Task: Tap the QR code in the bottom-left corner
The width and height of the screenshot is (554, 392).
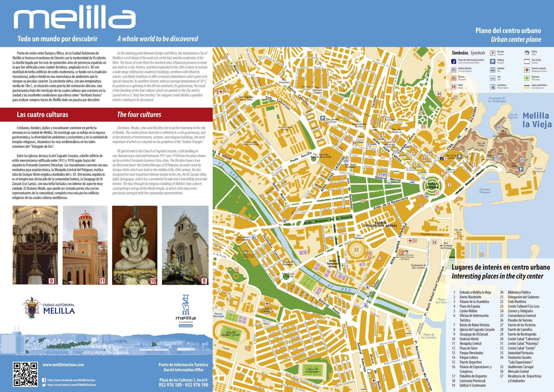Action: [x=25, y=374]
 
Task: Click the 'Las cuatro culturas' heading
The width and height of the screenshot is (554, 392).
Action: [x=42, y=115]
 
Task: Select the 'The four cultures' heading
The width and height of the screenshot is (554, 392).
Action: [x=139, y=115]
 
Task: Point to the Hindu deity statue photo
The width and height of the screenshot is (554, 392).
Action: [x=134, y=245]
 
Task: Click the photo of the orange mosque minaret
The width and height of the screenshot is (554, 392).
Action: [x=85, y=245]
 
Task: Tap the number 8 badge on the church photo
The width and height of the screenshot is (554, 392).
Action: [x=204, y=281]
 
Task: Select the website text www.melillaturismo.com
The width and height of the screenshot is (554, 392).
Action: [x=63, y=365]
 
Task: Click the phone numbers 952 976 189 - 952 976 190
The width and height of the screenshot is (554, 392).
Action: [x=183, y=385]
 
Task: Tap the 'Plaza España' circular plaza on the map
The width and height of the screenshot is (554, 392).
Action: [x=432, y=185]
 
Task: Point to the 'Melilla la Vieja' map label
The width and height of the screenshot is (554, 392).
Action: [x=537, y=120]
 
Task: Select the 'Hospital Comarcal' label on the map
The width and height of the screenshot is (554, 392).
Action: [x=266, y=310]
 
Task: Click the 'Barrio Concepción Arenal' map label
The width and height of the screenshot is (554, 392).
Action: [x=380, y=224]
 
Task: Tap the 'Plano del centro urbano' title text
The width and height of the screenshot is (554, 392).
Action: [x=508, y=31]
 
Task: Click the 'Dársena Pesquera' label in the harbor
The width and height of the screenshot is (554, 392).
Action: [x=485, y=191]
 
